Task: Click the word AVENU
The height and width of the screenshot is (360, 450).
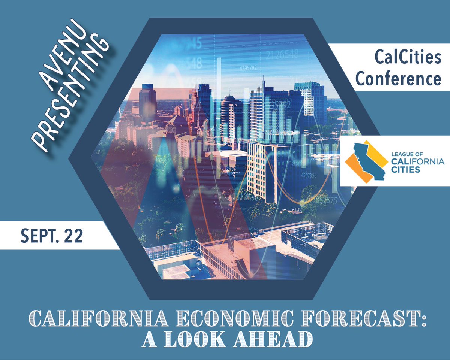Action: (x=66, y=58)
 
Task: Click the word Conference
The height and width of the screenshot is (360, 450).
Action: (x=398, y=79)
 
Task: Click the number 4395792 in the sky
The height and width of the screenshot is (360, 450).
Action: (x=248, y=68)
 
